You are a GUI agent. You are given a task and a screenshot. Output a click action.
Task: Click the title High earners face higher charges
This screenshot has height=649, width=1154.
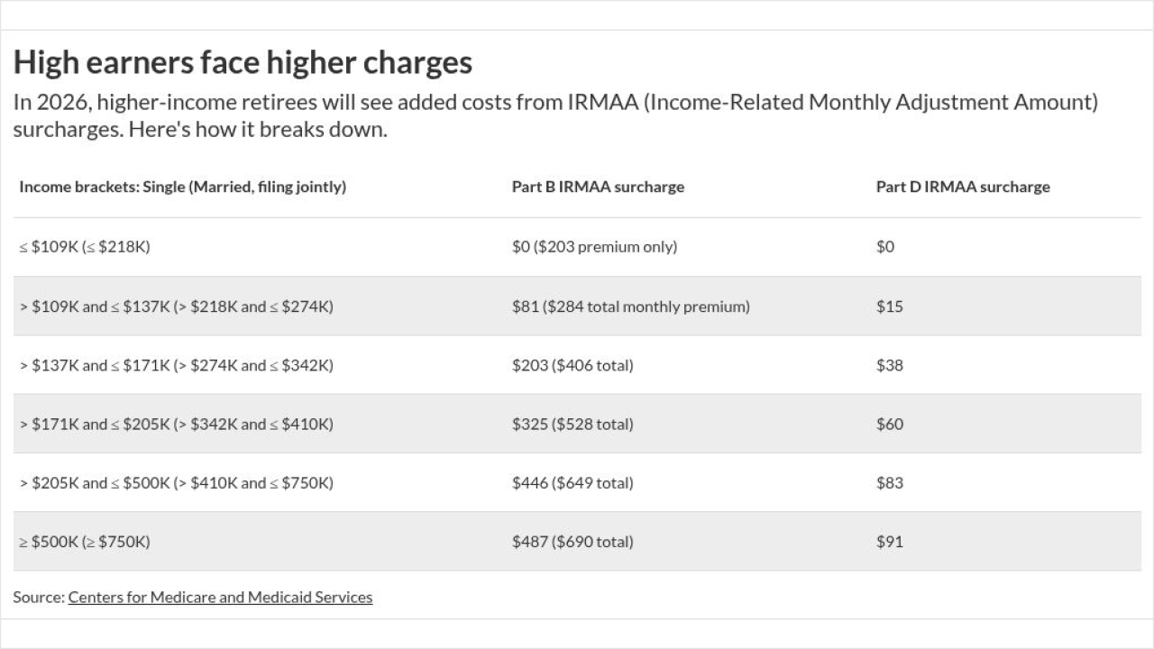(x=243, y=62)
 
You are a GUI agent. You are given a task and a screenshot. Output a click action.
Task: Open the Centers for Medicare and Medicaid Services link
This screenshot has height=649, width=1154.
(x=220, y=597)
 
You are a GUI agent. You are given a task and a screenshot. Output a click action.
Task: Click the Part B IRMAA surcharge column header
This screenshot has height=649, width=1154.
(x=598, y=187)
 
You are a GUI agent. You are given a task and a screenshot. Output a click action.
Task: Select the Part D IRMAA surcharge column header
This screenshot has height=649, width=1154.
(x=963, y=187)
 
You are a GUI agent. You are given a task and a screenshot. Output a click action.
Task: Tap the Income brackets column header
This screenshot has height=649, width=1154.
(x=182, y=187)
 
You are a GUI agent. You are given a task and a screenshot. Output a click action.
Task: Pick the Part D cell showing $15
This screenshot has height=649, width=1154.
(x=889, y=306)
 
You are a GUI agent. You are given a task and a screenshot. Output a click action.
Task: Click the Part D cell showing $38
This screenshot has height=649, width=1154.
(x=889, y=365)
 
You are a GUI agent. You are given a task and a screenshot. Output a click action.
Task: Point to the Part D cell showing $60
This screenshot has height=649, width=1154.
(x=889, y=424)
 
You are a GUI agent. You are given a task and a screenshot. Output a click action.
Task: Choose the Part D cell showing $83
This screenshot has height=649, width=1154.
(x=889, y=483)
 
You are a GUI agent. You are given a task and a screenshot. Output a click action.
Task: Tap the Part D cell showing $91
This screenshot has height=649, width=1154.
(x=889, y=542)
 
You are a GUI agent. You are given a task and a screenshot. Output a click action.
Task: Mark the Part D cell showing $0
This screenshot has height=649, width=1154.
(x=885, y=247)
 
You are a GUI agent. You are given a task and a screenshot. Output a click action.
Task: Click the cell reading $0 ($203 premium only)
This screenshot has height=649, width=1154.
(x=594, y=247)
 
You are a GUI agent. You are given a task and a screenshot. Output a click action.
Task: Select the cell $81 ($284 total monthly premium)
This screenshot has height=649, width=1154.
(x=630, y=306)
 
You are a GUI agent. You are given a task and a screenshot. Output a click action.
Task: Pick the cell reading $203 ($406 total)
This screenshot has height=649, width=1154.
(x=572, y=365)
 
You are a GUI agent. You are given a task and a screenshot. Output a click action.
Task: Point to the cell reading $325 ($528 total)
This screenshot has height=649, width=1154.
(x=572, y=424)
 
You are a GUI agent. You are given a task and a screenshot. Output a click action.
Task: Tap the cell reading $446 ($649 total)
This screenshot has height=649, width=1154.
(x=572, y=483)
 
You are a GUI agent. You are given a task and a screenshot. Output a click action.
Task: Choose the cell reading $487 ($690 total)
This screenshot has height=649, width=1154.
(x=572, y=542)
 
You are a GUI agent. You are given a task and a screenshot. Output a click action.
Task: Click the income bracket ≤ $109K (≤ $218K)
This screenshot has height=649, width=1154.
(x=84, y=247)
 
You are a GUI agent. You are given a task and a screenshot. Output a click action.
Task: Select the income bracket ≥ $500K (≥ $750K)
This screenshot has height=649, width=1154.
(x=85, y=542)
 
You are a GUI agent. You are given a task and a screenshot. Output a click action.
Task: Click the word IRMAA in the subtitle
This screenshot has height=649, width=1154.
(x=602, y=102)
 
